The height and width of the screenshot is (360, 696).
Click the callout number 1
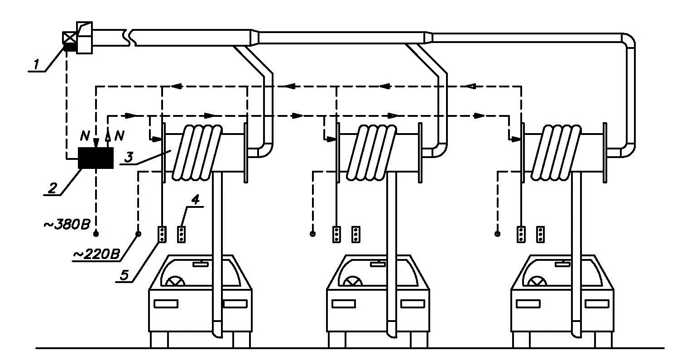tap(36, 64)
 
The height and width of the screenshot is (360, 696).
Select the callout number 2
tap(53, 187)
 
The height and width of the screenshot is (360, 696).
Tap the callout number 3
tap(129, 157)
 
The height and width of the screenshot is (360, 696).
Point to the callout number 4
tap(195, 199)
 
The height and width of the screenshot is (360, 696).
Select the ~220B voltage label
tap(96, 254)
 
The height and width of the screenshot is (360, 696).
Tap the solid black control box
tap(96, 158)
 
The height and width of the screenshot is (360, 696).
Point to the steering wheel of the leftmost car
tap(175, 281)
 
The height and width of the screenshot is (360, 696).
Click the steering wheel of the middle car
tap(353, 281)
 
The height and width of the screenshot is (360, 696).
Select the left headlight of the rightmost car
tap(528, 303)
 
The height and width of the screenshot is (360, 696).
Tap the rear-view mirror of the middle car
tap(378, 264)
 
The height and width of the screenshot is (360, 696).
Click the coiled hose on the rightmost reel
tap(556, 153)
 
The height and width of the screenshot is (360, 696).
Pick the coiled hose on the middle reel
tap(371, 153)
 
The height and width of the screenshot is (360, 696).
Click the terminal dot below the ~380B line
tap(96, 234)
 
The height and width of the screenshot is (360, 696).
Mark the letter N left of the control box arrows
tap(85, 135)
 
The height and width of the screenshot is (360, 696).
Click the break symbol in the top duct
tap(129, 38)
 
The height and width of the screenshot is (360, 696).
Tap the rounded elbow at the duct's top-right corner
tap(627, 41)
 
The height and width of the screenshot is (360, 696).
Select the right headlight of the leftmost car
tap(235, 303)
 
